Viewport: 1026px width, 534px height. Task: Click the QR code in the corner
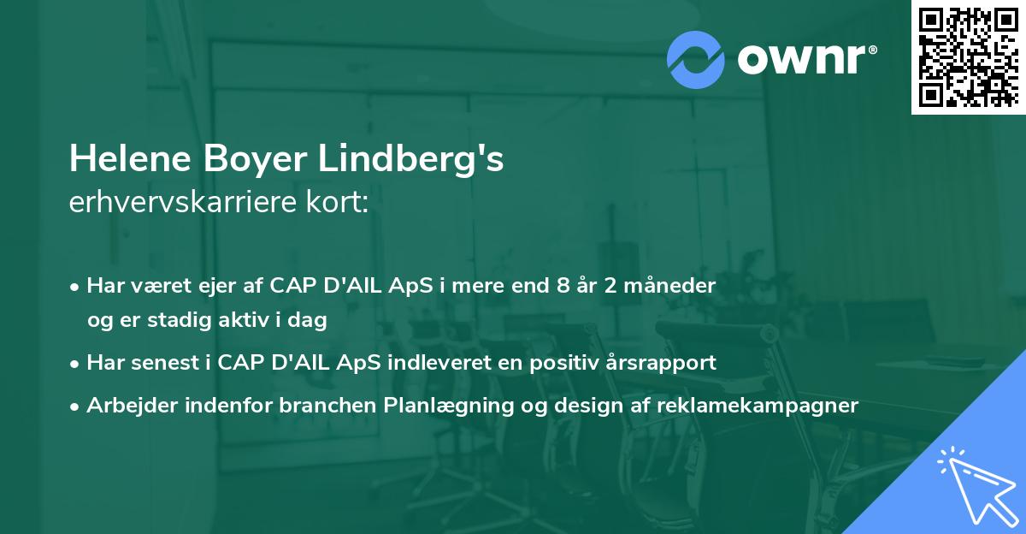pyautogui.click(x=968, y=57)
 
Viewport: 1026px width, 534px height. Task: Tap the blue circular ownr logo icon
pyautogui.click(x=696, y=60)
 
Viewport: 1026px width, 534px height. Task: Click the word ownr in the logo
pyautogui.click(x=805, y=59)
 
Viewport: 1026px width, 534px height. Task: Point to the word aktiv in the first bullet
pyautogui.click(x=234, y=320)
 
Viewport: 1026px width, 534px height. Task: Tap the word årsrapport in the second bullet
pyautogui.click(x=669, y=363)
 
